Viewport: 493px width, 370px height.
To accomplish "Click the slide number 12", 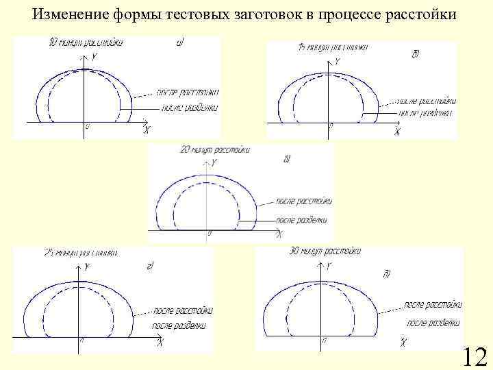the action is (x=475, y=357).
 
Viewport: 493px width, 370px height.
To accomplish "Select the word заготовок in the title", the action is (x=243, y=14).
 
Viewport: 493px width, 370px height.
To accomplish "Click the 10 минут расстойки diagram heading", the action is (x=86, y=43).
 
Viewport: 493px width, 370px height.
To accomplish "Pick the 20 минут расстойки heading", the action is (x=214, y=149).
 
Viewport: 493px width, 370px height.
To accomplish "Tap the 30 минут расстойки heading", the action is (x=326, y=251).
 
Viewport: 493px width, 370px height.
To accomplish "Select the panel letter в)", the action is (x=287, y=159).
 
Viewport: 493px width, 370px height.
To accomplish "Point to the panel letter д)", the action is (x=387, y=274).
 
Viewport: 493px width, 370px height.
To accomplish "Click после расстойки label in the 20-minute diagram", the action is (x=304, y=201).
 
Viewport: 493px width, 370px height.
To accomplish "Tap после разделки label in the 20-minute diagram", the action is (x=301, y=220).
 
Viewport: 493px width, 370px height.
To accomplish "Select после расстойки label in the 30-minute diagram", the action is (x=433, y=304).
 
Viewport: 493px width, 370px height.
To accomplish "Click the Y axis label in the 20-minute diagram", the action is (x=214, y=162).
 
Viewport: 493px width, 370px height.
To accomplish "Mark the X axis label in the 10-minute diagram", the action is (x=147, y=130).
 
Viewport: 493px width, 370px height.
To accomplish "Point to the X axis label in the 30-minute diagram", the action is (x=404, y=341).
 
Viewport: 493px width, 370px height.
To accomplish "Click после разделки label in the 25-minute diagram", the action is (x=179, y=325).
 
